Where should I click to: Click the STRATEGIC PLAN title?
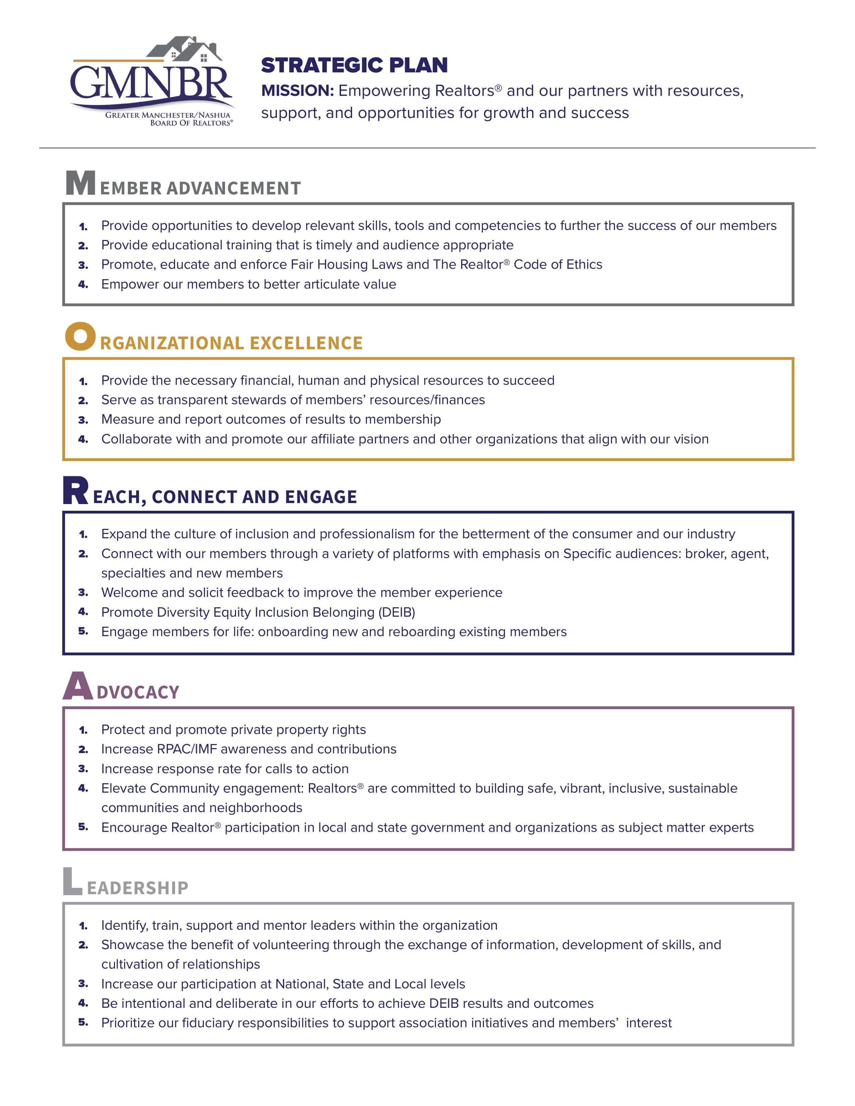(x=354, y=65)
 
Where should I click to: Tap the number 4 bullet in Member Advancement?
(x=83, y=285)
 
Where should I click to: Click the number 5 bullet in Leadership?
(x=83, y=1023)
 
